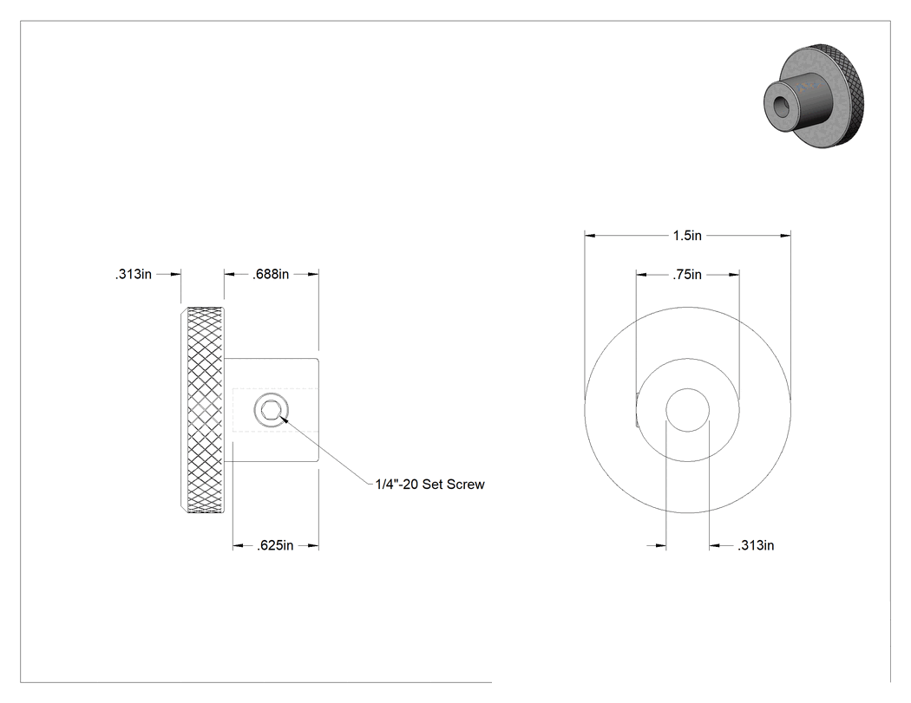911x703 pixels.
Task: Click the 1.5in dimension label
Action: [x=687, y=235]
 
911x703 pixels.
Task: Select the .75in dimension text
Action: [x=687, y=275]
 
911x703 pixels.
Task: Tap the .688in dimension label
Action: [x=271, y=274]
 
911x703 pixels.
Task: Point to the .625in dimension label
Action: [x=275, y=545]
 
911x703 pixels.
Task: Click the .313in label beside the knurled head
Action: [x=133, y=274]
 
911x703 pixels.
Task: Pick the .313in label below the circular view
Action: [x=756, y=545]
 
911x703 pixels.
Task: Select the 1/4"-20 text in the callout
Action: [x=397, y=485]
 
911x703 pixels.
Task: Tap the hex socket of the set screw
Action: [x=272, y=411]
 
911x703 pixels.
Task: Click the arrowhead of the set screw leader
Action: [x=284, y=417]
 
